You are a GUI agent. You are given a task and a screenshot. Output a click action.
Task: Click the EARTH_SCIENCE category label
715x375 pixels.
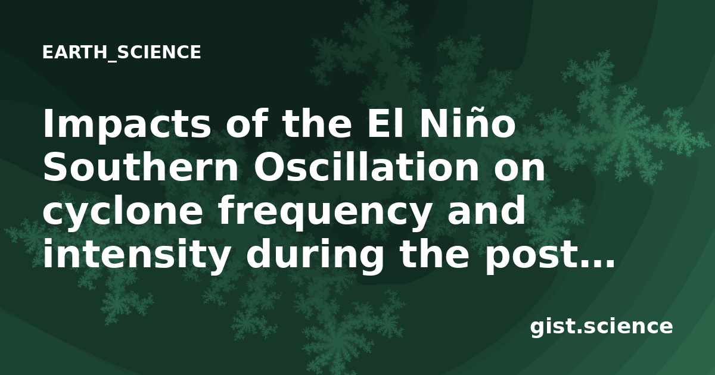point(122,52)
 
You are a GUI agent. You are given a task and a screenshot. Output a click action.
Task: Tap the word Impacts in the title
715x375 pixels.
point(127,125)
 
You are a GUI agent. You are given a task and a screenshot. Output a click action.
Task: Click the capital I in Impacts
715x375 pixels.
point(48,123)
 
